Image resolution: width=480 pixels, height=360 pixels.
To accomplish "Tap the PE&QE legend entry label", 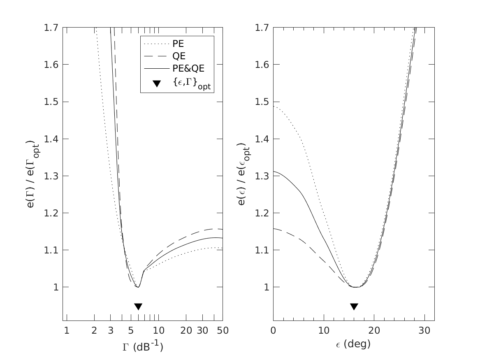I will tap(188, 69).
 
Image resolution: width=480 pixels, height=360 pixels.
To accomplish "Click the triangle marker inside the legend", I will tap(156, 84).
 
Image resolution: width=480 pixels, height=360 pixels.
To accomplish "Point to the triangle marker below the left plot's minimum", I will tap(138, 307).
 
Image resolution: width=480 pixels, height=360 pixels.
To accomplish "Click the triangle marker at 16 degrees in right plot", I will tap(354, 307).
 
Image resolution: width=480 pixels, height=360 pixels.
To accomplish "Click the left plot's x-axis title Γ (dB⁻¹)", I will tap(142, 347).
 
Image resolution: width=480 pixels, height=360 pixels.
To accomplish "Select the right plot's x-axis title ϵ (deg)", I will tap(353, 344).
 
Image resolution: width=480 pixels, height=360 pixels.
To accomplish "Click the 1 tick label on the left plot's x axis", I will tap(67, 330).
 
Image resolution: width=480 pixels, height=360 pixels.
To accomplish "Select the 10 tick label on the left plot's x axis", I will tap(159, 330).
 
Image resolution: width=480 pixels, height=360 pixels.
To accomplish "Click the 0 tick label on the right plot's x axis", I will tap(273, 330).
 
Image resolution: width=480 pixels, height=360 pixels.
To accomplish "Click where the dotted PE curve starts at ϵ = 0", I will tap(274, 107).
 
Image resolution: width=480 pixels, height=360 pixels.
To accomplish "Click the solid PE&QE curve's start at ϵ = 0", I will tap(274, 171).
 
